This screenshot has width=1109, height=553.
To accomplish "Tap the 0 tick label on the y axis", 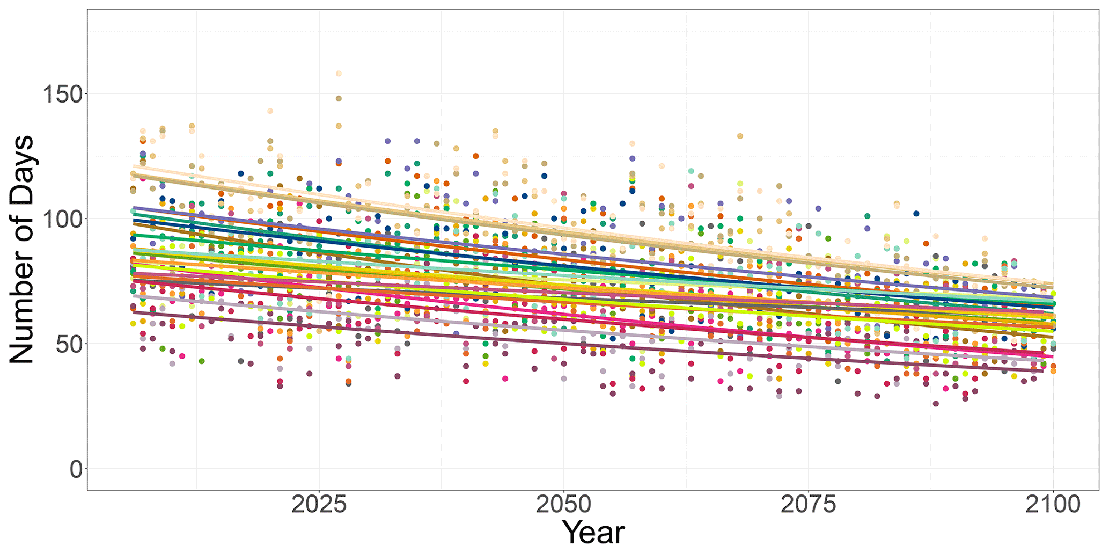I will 77,470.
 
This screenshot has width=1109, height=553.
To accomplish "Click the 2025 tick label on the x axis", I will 319,505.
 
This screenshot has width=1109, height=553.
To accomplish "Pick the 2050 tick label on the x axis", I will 563,505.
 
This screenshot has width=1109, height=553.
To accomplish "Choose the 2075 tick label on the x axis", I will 808,505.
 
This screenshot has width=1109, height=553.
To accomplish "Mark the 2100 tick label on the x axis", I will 1053,505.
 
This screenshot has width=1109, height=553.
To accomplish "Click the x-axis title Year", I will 594,533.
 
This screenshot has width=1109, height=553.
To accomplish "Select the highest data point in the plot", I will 339,74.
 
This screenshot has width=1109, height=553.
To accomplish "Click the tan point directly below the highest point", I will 339,99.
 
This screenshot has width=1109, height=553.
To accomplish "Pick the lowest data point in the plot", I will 936,404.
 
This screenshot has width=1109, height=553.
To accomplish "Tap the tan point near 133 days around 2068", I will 740,136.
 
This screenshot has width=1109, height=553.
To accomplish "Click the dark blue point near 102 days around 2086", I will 916,214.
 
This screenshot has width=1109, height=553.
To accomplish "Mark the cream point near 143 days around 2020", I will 270,111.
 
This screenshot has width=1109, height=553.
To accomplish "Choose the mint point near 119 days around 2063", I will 691,171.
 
